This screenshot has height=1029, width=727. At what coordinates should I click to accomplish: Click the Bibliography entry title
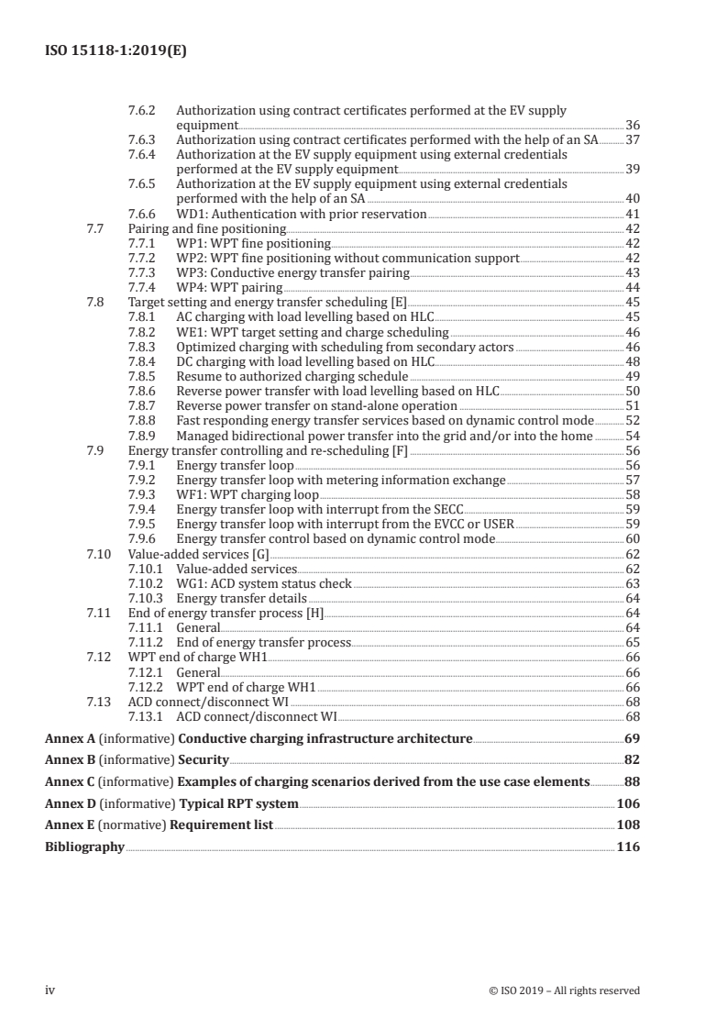(84, 847)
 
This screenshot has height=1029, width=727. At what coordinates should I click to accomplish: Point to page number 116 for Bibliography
(628, 847)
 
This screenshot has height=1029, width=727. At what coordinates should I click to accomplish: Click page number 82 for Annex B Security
(632, 759)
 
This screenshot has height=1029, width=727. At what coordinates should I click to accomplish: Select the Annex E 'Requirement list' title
(226, 825)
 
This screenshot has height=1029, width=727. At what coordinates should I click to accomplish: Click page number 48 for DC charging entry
(633, 362)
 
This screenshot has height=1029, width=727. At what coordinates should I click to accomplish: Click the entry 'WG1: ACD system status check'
(264, 582)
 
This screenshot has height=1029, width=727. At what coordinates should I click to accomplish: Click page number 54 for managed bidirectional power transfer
(633, 436)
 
